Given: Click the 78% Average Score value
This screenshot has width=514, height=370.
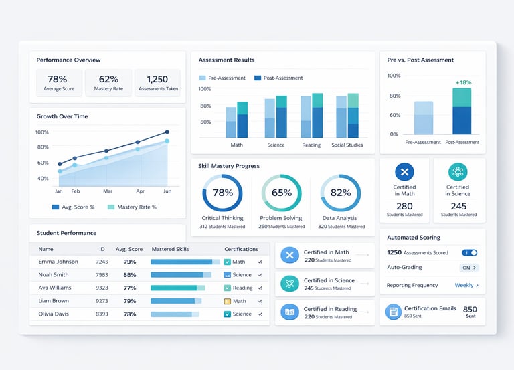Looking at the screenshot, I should tap(58, 79).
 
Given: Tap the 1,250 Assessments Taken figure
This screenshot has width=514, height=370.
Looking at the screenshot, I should tap(157, 79).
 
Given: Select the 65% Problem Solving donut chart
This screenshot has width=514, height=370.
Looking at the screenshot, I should tap(281, 193).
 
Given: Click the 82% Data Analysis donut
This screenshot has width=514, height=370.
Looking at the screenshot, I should tap(341, 193).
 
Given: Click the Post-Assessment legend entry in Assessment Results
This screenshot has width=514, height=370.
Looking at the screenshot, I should tap(279, 78).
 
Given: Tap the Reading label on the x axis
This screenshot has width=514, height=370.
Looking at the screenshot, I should tap(311, 145).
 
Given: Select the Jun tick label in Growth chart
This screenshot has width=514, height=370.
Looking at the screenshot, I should tap(167, 191).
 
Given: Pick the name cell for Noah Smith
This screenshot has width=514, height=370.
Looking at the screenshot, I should tap(54, 274).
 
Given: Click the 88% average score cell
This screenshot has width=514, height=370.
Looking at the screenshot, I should tap(130, 274).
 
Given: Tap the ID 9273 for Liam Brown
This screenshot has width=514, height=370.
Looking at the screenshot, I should tap(102, 301).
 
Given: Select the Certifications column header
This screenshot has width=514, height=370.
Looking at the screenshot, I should tap(241, 249).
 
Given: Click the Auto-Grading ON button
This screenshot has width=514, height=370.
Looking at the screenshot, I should tap(469, 268).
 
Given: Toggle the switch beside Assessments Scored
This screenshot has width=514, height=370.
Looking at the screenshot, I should tap(469, 253).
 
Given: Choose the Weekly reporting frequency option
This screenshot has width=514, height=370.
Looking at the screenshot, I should tap(466, 285).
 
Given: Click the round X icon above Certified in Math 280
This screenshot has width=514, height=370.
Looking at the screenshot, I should tap(404, 171).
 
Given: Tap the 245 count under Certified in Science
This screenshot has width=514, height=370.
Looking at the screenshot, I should tap(458, 207).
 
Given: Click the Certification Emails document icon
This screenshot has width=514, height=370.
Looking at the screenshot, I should tap(393, 312).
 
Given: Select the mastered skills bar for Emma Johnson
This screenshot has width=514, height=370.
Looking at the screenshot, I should tap(181, 262).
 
